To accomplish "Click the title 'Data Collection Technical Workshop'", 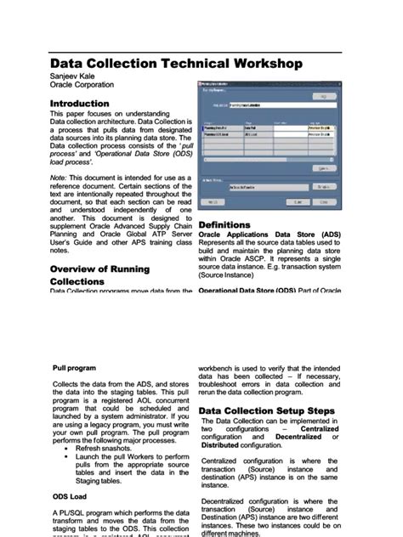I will pos(176,64).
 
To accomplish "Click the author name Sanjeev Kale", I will pos(72,76).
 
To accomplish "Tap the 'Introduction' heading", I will pos(79,103).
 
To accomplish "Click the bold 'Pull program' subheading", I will pos(74,369).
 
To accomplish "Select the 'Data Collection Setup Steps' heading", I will pos(266,411).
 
